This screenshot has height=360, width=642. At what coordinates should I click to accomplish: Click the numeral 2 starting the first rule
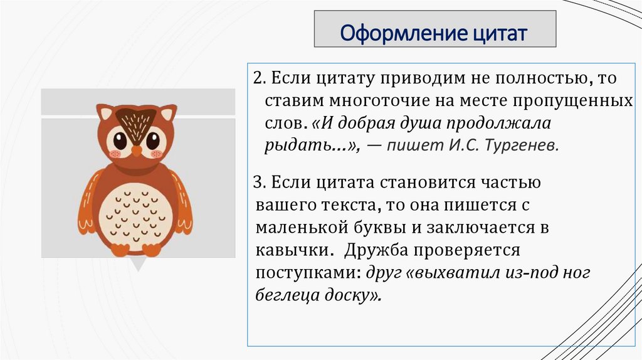point(257,79)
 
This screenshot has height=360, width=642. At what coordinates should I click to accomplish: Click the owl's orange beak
point(136,151)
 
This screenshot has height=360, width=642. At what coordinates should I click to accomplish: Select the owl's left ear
point(105,113)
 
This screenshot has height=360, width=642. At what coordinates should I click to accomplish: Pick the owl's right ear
point(167,114)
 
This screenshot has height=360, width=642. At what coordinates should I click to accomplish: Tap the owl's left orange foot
point(120,250)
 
